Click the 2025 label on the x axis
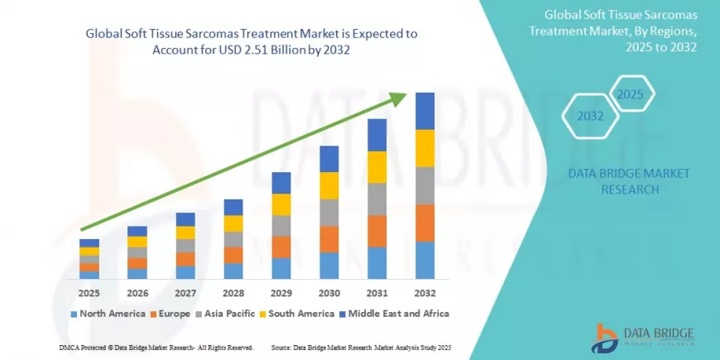pos(89,293)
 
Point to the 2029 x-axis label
pos(281,293)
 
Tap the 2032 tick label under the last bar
pos(425,293)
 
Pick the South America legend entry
pos(295,314)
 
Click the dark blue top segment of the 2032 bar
pos(425,111)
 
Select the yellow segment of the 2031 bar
pos(377,166)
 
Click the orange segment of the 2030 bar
pos(329,239)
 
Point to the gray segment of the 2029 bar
pos(281,225)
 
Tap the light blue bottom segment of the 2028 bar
pos(233,271)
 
